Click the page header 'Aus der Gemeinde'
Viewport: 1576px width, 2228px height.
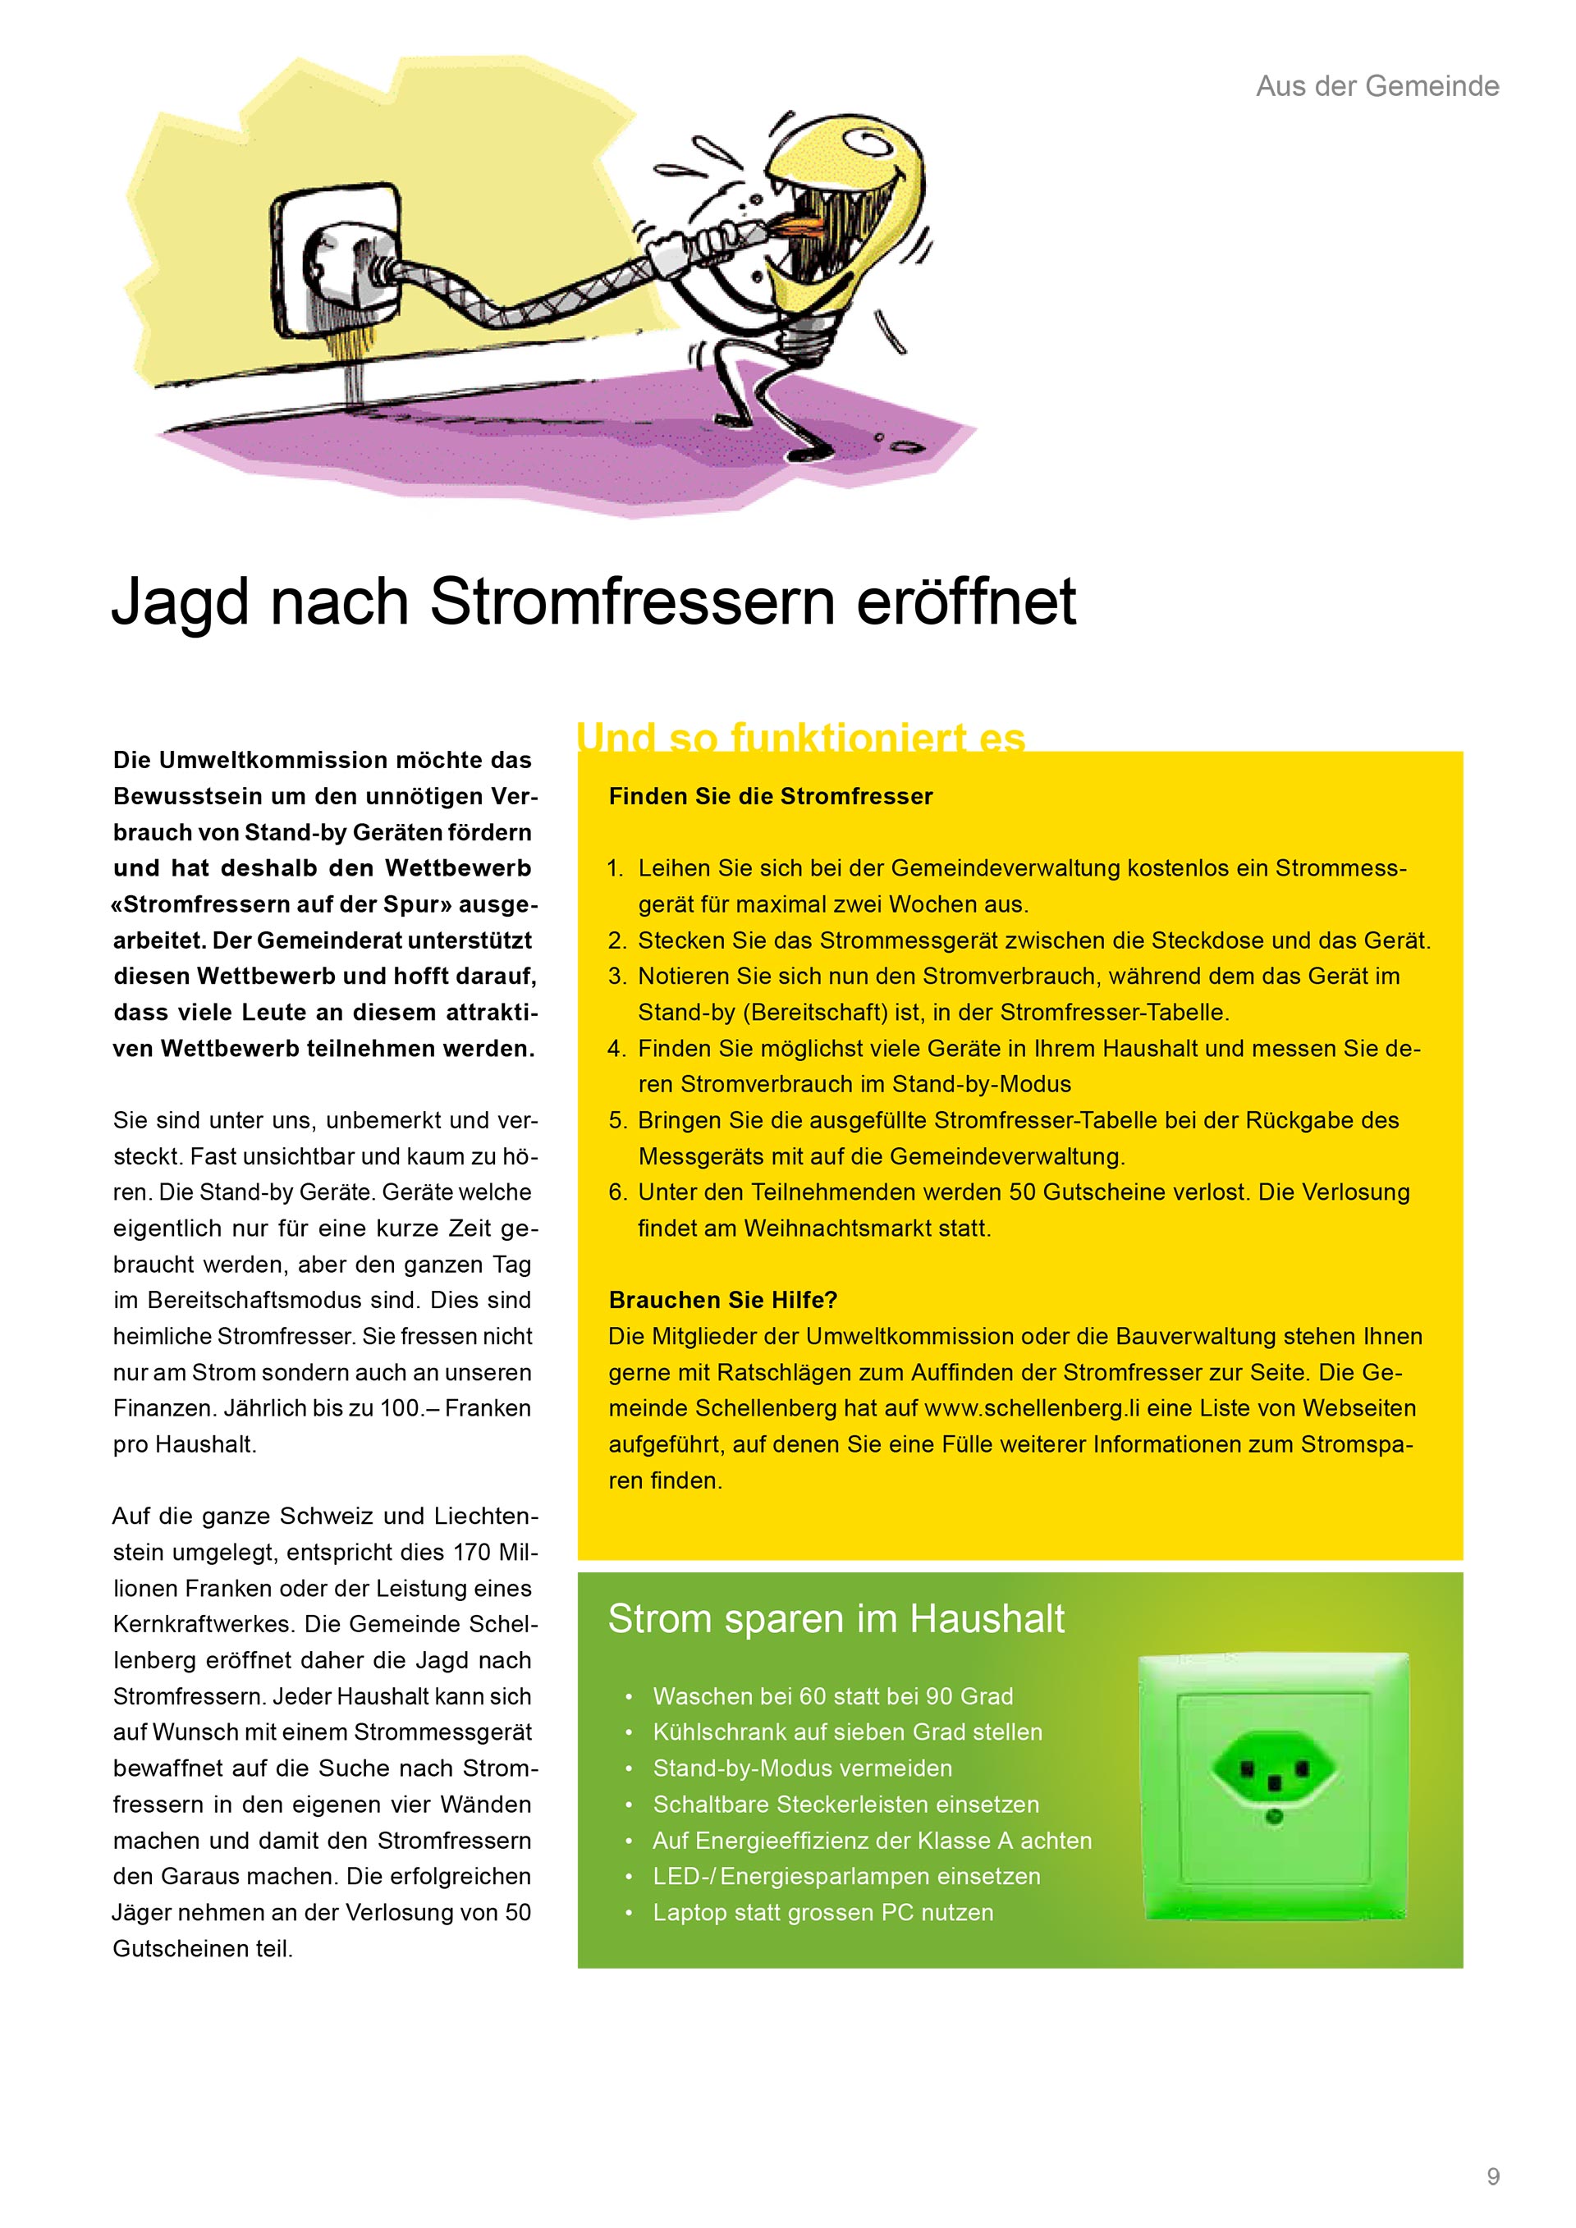click(x=1377, y=86)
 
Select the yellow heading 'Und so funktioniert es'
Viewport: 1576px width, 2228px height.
click(x=800, y=738)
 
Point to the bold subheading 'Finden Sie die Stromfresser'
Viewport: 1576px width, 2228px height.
click(x=771, y=797)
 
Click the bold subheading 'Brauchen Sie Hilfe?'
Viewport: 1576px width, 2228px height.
click(x=723, y=1301)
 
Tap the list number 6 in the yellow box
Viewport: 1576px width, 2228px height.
click(x=617, y=1192)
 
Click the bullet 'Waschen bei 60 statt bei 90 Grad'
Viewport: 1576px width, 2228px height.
click(x=832, y=1696)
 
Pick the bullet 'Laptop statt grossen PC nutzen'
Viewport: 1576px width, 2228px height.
click(x=823, y=1913)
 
